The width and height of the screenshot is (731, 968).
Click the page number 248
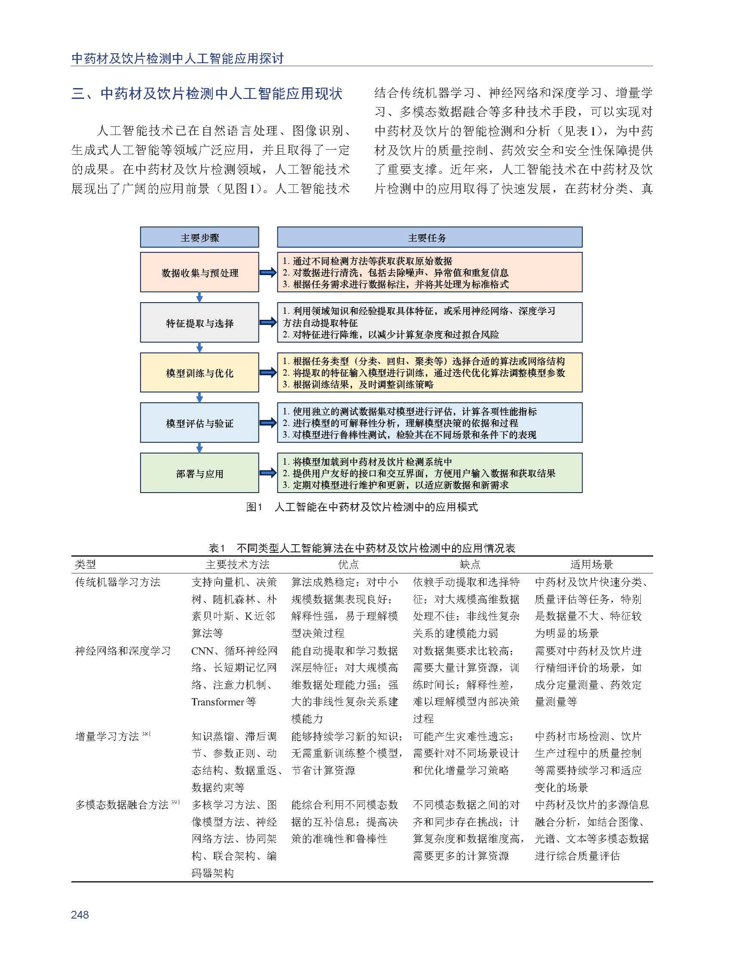point(80,915)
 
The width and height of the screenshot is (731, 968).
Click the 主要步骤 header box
point(199,237)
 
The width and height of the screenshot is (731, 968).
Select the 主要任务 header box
point(430,237)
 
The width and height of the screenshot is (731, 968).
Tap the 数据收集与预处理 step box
point(199,272)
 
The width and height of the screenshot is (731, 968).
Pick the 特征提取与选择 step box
point(199,322)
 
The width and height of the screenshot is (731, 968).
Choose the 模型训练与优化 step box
point(199,372)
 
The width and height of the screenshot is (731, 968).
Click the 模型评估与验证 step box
point(199,423)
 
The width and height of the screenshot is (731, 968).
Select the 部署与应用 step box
point(199,473)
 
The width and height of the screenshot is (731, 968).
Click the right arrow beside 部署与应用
point(268,473)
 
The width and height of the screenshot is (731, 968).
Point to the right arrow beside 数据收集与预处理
point(268,273)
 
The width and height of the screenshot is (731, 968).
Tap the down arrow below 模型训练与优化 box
point(200,397)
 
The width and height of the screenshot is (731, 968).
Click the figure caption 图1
point(253,507)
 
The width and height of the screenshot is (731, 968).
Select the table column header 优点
point(348,564)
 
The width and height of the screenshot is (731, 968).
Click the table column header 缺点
point(470,564)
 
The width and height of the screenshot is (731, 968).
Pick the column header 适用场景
point(591,564)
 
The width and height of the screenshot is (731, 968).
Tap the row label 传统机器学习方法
point(118,582)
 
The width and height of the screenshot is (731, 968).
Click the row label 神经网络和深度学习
point(123,651)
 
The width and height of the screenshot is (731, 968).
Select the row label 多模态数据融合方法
point(122,804)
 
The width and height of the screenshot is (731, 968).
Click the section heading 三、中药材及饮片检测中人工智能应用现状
point(207,94)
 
